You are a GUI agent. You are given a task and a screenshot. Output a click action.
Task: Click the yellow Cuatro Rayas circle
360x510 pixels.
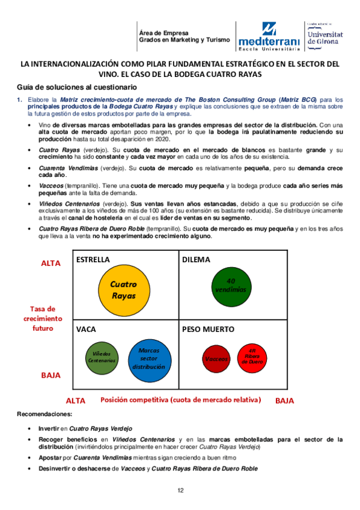124,290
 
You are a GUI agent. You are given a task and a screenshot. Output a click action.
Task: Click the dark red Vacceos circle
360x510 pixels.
216,359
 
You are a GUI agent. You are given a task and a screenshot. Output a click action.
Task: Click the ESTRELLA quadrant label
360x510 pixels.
93,259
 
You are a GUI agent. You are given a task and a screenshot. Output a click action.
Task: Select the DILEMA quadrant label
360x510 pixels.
196,259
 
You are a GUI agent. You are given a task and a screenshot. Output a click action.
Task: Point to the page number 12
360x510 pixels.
180,491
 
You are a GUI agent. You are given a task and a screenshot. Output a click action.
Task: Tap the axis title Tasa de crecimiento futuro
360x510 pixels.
43,318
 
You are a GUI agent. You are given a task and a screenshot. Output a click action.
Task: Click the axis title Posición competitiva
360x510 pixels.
180,399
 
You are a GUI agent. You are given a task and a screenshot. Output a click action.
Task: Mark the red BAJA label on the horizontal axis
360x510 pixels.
284,400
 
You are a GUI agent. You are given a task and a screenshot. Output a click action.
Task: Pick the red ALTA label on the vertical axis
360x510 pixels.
51,263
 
